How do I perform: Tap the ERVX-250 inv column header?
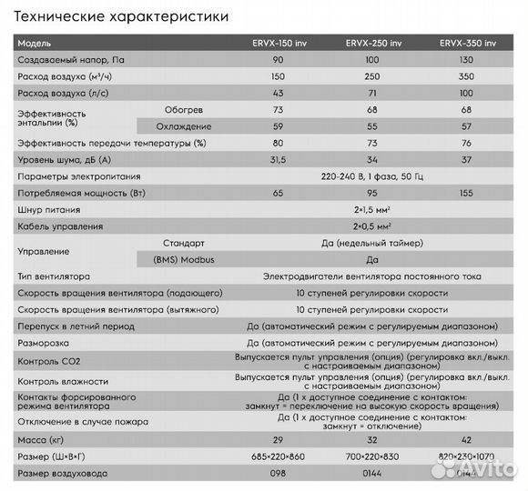372,43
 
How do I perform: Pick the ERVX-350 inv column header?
468,43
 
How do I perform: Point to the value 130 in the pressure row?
468,59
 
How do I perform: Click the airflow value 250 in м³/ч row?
372,76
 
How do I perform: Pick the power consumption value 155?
468,193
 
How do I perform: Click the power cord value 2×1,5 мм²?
372,209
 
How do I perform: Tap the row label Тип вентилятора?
56,276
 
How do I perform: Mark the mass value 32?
372,437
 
